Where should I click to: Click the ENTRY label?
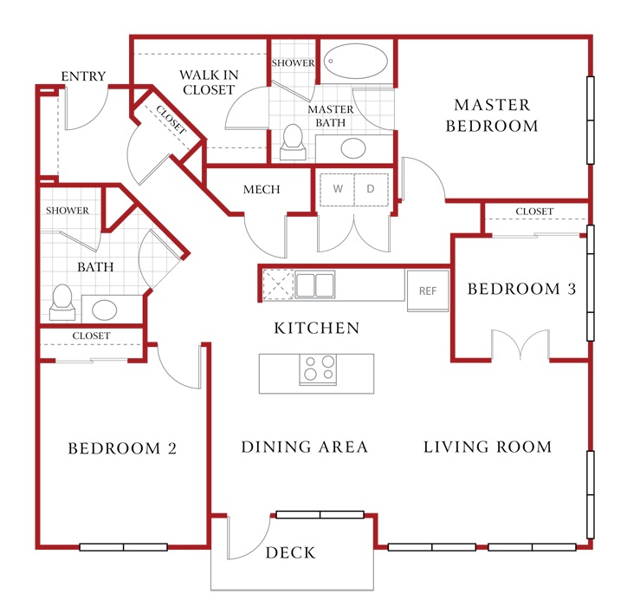(x=83, y=76)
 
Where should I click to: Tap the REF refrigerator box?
(x=428, y=290)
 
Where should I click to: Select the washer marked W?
(x=337, y=189)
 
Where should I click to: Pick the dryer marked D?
(x=371, y=189)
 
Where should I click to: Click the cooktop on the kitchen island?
(x=319, y=369)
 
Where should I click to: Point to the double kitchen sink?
(x=314, y=284)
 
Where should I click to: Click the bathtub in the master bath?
(x=355, y=62)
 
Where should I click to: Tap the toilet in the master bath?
(x=293, y=142)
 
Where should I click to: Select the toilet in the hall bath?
(x=62, y=303)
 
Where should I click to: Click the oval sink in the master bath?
(x=353, y=148)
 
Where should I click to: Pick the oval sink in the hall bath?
(x=105, y=310)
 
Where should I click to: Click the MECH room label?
(x=262, y=189)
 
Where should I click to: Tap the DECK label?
(x=291, y=552)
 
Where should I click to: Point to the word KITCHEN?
(x=317, y=328)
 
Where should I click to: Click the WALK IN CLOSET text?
(x=209, y=82)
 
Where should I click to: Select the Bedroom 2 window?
(x=123, y=547)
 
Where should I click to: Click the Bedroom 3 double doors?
(x=520, y=344)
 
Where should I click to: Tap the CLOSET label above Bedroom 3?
(x=534, y=211)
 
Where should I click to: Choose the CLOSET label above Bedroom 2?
(x=91, y=336)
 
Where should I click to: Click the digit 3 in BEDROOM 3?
(x=572, y=289)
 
